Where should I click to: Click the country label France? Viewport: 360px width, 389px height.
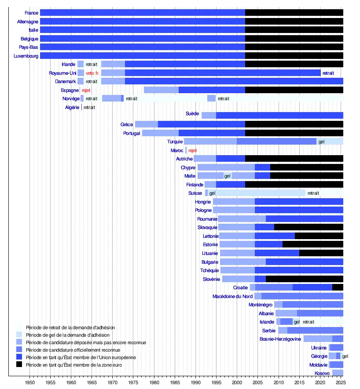pyautogui.click(x=32, y=13)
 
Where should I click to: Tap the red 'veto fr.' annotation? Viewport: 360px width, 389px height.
pyautogui.click(x=92, y=73)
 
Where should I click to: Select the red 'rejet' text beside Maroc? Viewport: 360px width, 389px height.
pyautogui.click(x=193, y=150)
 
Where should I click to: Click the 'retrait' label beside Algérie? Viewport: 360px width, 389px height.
pyautogui.click(x=89, y=107)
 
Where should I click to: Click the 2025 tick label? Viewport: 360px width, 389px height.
pyautogui.click(x=340, y=382)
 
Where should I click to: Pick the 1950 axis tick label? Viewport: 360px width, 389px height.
pyautogui.click(x=29, y=382)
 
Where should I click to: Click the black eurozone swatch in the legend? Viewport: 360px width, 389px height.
pyautogui.click(x=19, y=364)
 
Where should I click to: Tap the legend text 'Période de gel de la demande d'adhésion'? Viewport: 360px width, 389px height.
pyautogui.click(x=68, y=335)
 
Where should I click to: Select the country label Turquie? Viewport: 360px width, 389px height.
pyautogui.click(x=175, y=142)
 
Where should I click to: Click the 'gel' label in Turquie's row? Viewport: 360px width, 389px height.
pyautogui.click(x=322, y=142)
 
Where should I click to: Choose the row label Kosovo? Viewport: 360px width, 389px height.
pyautogui.click(x=322, y=373)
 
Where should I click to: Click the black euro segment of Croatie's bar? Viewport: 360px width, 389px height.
pyautogui.click(x=338, y=287)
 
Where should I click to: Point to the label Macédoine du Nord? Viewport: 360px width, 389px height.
pyautogui.click(x=232, y=296)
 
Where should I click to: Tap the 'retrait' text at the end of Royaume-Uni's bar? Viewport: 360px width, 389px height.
pyautogui.click(x=328, y=73)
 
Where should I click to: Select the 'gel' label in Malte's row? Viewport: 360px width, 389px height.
pyautogui.click(x=228, y=176)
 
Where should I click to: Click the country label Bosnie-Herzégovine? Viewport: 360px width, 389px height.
pyautogui.click(x=280, y=339)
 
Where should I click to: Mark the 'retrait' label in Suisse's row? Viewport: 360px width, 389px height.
pyautogui.click(x=313, y=193)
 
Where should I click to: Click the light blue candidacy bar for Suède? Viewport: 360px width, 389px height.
pyautogui.click(x=209, y=116)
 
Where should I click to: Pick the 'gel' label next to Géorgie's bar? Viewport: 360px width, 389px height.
pyautogui.click(x=345, y=356)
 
